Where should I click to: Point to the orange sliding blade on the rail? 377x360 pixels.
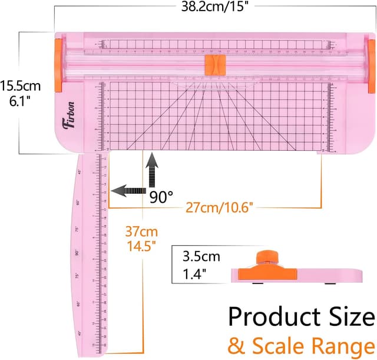[213, 64]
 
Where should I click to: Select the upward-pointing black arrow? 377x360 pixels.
[153, 167]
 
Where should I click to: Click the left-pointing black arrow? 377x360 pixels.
[127, 191]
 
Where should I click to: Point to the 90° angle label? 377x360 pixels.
[161, 198]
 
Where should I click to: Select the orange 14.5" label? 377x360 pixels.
[139, 246]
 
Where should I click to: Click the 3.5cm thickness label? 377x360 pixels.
[201, 257]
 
